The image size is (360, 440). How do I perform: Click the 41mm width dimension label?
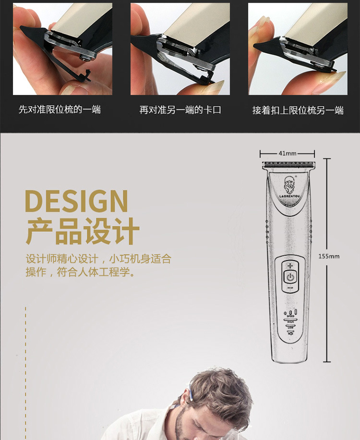click(287, 154)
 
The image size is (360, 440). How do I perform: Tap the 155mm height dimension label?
click(329, 256)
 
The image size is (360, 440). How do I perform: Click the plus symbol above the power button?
click(290, 265)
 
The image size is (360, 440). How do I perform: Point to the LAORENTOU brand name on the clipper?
click(288, 196)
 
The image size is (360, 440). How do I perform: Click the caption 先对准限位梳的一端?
click(60, 110)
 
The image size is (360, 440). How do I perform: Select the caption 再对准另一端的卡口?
click(180, 110)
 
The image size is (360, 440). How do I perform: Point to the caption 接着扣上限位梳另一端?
click(298, 110)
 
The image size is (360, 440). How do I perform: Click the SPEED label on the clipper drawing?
click(290, 316)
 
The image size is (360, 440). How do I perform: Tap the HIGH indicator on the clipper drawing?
click(290, 322)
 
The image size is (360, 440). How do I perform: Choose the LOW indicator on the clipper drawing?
click(290, 327)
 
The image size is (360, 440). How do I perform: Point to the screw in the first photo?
click(87, 58)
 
